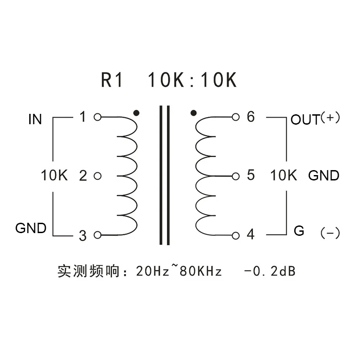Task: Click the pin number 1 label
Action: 82,117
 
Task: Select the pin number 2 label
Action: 82,175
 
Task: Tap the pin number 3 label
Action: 82,235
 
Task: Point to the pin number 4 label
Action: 251,234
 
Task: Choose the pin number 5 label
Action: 251,175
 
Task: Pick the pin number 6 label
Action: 251,117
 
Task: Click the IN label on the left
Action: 35,119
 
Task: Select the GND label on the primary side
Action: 31,228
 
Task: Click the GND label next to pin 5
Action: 324,175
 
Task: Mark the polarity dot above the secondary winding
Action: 193,112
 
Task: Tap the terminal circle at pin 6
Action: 235,117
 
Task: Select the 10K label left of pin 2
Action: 54,175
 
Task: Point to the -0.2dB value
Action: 270,271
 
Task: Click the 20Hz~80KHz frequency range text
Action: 179,271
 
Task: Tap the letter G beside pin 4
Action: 299,231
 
